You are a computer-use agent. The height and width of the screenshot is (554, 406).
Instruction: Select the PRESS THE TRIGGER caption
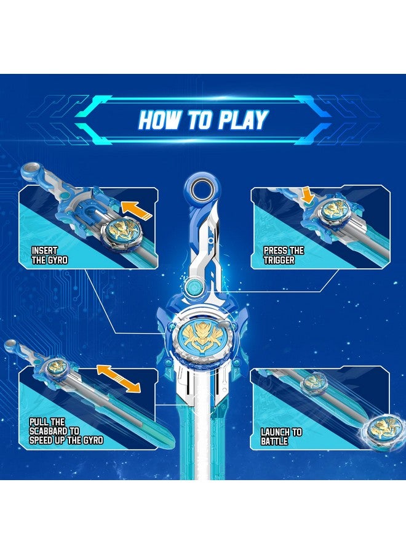point(284,255)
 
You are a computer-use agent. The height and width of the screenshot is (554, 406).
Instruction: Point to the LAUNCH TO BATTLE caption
point(281,436)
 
